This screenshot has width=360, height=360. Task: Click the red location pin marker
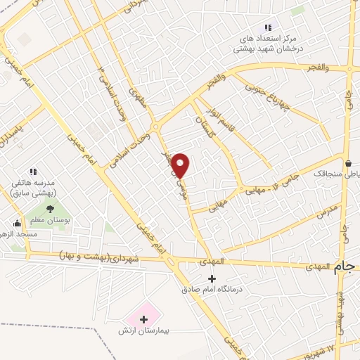(181, 165)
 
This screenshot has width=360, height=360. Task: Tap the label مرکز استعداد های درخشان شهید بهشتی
(267, 42)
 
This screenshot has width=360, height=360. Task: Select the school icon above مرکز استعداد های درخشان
(267, 27)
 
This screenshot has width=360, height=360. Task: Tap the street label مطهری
(139, 103)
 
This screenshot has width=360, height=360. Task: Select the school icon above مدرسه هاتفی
(32, 172)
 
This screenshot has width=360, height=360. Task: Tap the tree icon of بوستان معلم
(50, 208)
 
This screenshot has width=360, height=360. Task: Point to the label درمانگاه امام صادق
(212, 288)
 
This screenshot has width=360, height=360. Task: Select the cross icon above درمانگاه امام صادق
(212, 278)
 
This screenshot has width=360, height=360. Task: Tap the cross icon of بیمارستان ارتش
(143, 319)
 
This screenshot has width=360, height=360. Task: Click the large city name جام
(344, 267)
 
